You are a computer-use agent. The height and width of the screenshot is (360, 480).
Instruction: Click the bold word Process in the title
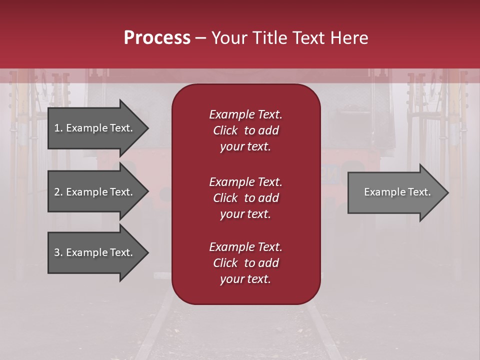pyautogui.click(x=157, y=38)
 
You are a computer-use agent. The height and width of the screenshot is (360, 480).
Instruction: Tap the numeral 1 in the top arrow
pyautogui.click(x=57, y=128)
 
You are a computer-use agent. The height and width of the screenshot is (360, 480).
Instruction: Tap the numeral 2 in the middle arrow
pyautogui.click(x=57, y=192)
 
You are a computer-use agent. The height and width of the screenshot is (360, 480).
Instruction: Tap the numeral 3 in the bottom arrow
pyautogui.click(x=57, y=252)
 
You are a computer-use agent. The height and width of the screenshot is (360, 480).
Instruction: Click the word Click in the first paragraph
pyautogui.click(x=225, y=130)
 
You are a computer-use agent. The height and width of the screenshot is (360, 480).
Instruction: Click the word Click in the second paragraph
pyautogui.click(x=225, y=198)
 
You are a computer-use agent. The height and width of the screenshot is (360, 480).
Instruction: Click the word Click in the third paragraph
pyautogui.click(x=225, y=263)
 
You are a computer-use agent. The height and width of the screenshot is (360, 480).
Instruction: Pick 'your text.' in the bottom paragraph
pyautogui.click(x=245, y=279)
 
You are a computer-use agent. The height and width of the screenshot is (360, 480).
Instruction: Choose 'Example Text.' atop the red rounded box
pyautogui.click(x=245, y=114)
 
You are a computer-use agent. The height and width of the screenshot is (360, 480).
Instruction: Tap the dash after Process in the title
pyautogui.click(x=200, y=38)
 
